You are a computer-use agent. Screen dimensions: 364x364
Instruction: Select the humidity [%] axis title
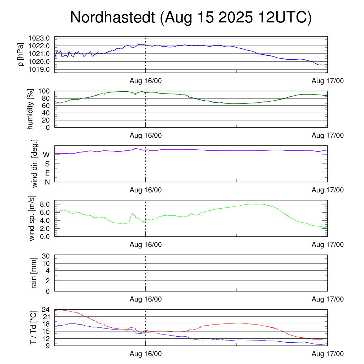[30, 109]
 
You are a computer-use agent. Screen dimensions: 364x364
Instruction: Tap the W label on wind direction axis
[46, 155]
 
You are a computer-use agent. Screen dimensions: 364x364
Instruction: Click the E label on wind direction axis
[47, 173]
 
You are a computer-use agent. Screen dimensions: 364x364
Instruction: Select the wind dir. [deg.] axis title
[34, 164]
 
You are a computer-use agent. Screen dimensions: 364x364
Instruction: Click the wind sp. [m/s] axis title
[32, 218]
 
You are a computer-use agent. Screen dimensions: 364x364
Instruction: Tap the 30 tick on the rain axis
[46, 256]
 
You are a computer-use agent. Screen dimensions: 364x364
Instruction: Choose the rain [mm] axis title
[34, 273]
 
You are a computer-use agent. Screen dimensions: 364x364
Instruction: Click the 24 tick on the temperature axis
[46, 310]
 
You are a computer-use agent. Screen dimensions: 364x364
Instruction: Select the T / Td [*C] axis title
[33, 327]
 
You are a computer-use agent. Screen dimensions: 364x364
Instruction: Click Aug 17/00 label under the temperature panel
[327, 354]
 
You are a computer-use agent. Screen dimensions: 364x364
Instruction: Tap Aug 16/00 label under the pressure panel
[145, 81]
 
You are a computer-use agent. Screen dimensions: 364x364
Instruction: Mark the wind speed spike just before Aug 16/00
[132, 214]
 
